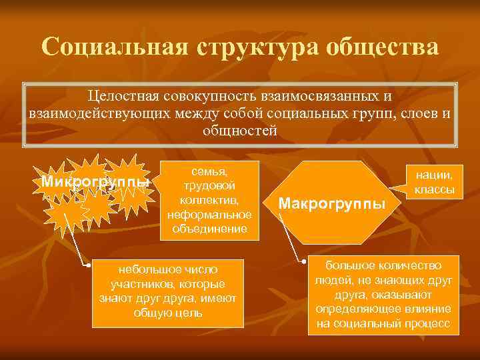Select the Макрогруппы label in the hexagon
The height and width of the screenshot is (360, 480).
332,203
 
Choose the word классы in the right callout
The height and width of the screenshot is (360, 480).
434,190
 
